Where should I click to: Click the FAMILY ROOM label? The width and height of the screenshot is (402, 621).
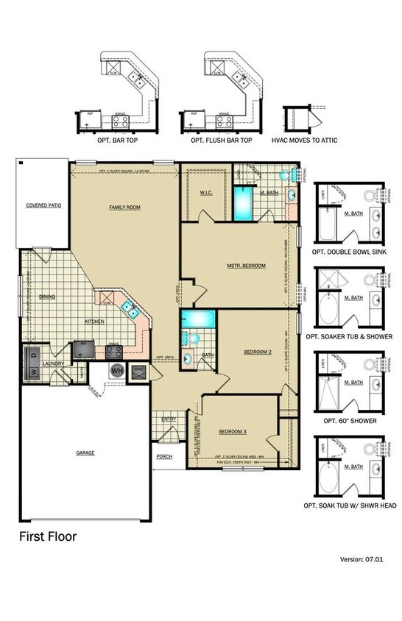(x=124, y=207)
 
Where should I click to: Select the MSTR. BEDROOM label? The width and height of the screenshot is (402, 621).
(x=245, y=265)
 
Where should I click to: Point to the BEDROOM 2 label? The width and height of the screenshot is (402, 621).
(x=258, y=352)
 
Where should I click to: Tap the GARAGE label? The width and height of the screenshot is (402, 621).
(x=85, y=453)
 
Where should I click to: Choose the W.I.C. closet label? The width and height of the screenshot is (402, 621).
(x=206, y=193)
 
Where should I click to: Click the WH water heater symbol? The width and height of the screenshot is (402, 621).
(x=116, y=371)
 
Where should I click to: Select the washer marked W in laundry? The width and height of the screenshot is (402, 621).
(x=34, y=373)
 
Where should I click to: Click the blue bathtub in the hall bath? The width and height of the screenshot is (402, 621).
(x=198, y=320)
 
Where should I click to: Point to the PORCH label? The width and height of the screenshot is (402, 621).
(x=163, y=456)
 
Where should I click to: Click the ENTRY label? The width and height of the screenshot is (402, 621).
(x=168, y=420)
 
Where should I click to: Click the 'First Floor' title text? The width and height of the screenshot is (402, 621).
(x=47, y=536)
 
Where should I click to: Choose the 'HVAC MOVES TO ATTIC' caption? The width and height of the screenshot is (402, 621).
(x=305, y=140)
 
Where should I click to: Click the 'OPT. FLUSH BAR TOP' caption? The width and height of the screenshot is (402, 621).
(x=221, y=140)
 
